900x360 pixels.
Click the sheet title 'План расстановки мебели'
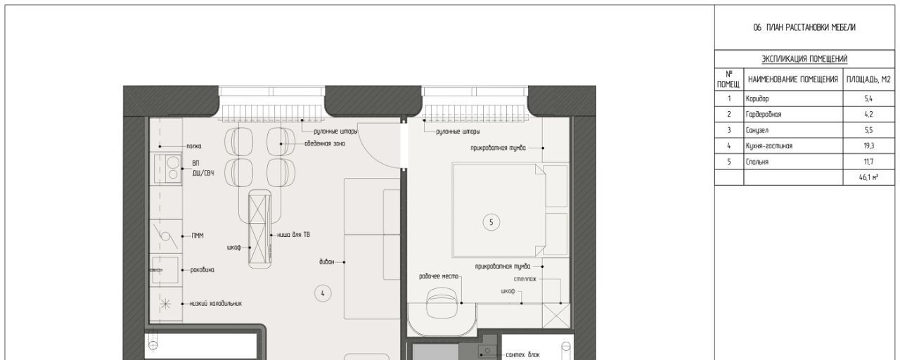coord(811,27)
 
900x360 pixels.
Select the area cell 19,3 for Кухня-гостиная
coord(868,146)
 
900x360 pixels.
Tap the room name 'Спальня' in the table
coord(757,162)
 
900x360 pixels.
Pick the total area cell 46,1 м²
coord(868,177)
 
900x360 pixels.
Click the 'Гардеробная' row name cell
coord(764,115)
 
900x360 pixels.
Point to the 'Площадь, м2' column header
coord(868,79)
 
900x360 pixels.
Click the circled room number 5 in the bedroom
coord(491,222)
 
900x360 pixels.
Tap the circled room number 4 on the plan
coord(323,293)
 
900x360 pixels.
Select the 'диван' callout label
coord(327,262)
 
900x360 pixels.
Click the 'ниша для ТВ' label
coord(293,235)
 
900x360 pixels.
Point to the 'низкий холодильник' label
coord(216,304)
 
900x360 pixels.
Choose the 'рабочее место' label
coord(438,276)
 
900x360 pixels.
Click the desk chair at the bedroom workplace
coord(442,302)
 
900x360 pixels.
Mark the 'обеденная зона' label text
coord(325,144)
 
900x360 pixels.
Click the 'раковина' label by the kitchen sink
coord(202,270)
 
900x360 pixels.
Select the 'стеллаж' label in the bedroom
coord(525,279)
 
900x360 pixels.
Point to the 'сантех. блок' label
coord(522,355)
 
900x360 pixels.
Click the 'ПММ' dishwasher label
coord(198,236)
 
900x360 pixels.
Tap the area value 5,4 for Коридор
coord(868,98)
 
